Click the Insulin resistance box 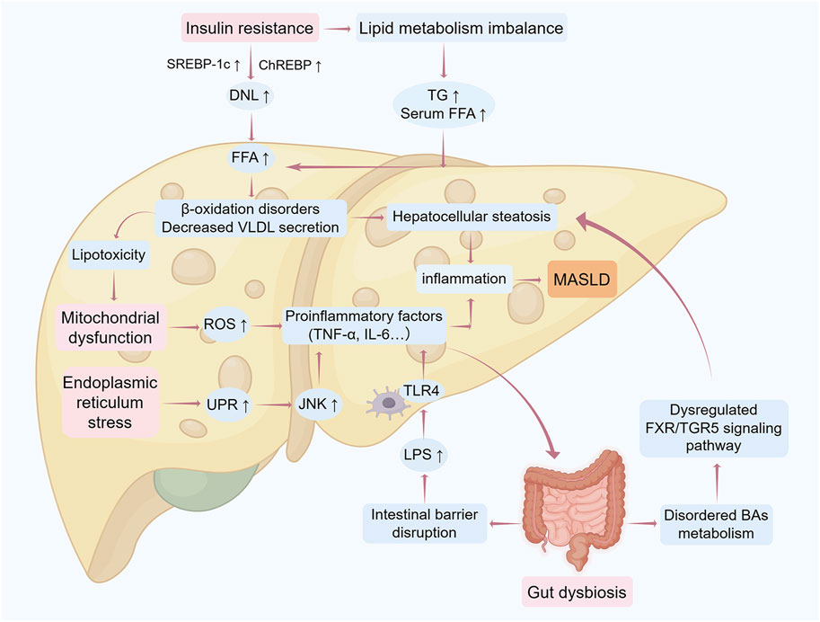click(x=249, y=29)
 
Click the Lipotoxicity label click(x=114, y=256)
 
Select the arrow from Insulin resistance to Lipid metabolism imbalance click(x=338, y=30)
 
